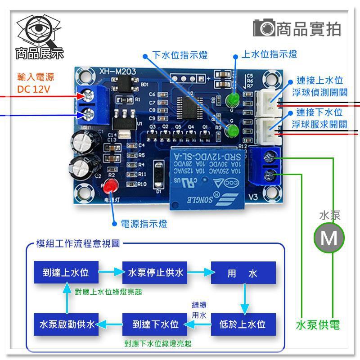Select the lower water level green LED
pos(233,132)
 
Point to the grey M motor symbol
pos(329,237)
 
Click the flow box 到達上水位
pos(66,273)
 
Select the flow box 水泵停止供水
pos(156,273)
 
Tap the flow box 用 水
pos(243,273)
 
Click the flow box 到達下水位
pos(156,324)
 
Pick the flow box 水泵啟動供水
pos(66,324)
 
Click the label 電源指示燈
pos(140,224)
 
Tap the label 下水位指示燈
pos(180,55)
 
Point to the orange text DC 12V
pos(34,89)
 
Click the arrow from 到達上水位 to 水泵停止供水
pos(111,272)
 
